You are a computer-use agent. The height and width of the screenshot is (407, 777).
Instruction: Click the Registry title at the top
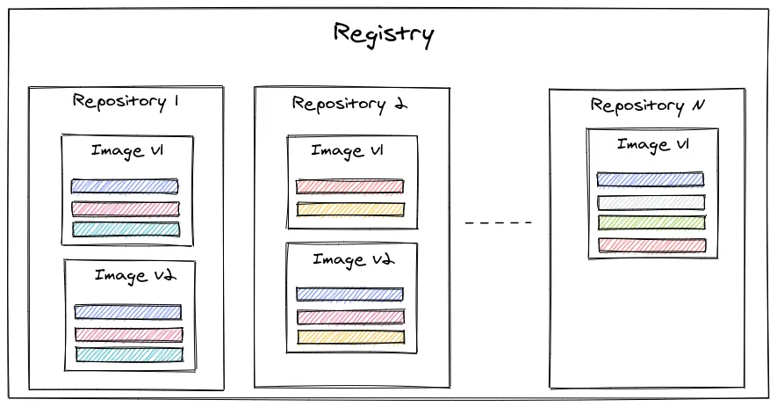[x=384, y=35]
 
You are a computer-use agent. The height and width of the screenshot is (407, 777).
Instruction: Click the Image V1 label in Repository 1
[x=127, y=151]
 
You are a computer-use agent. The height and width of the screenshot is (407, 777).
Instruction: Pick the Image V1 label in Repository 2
[x=347, y=151]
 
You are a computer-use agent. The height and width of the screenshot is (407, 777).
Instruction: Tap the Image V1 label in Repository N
[x=652, y=145]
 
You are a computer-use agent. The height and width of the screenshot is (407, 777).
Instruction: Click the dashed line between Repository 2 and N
[x=499, y=222]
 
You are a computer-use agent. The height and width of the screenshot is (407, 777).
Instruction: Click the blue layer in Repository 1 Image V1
[x=125, y=186]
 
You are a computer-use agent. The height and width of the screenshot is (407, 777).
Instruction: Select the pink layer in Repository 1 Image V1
[x=126, y=208]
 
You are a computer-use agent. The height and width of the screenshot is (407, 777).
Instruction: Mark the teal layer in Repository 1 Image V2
[x=129, y=354]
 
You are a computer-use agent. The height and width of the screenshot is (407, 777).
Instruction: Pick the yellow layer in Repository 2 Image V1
[x=350, y=209]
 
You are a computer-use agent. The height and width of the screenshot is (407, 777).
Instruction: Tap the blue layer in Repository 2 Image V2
[x=349, y=294]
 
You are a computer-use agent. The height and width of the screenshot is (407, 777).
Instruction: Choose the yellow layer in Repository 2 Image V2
[x=351, y=337]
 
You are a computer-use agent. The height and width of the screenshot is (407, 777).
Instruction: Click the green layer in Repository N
[x=651, y=223]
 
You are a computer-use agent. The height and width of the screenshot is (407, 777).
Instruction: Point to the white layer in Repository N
[x=651, y=202]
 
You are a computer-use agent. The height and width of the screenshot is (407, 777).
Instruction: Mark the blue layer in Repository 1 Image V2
[x=127, y=312]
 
